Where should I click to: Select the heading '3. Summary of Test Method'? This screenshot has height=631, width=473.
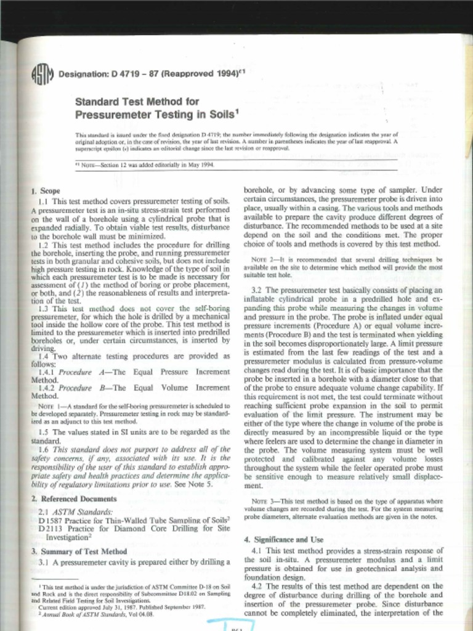pos(79,552)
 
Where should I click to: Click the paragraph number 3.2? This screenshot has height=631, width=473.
pos(257,290)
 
